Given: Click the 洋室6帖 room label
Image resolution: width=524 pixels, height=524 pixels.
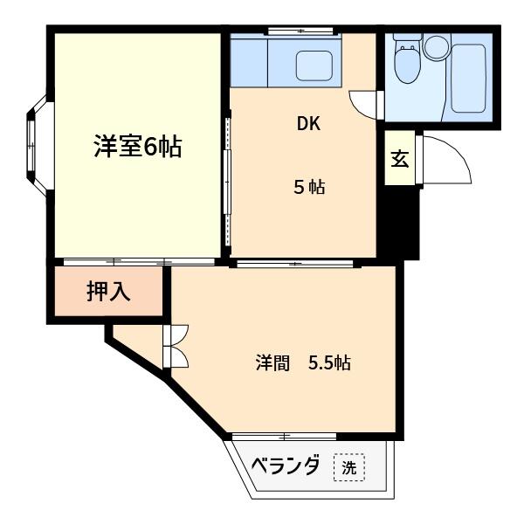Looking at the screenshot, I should coord(137,147).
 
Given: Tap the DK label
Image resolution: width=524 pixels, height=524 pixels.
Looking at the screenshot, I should coord(308,123).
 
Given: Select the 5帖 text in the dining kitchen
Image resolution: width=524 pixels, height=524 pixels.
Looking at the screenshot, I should coord(308,187).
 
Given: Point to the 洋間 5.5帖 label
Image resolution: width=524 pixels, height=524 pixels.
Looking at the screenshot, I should coord(303,362).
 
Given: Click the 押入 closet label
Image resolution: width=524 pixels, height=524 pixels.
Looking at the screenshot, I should coord(108,292).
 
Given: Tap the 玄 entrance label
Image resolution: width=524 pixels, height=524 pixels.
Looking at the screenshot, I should coord(400,159).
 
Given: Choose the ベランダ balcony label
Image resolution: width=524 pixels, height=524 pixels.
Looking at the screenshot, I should coord(286,466).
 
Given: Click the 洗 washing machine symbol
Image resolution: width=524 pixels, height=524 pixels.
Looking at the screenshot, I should coord(349,467).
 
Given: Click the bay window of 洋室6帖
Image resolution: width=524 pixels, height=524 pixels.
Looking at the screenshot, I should coord(37,143).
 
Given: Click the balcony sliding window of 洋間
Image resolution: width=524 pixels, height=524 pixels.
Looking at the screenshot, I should coord(284,435).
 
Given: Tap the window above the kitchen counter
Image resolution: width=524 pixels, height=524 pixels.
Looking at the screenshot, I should coord(300,31).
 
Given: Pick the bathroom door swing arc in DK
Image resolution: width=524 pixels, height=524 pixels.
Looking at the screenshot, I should coord(364,103).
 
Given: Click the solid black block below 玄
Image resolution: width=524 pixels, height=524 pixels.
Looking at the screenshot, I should coord(399,223).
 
